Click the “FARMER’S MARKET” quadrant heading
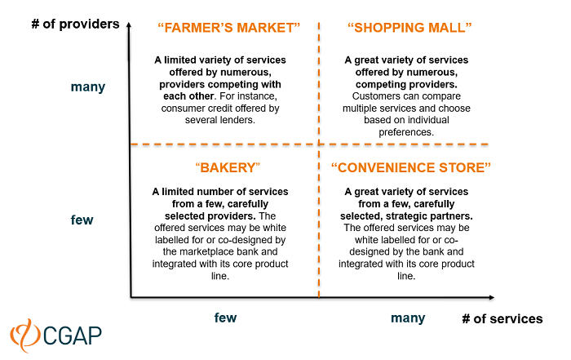(228, 27)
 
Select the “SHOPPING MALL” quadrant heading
(410, 27)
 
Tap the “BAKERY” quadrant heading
(228, 167)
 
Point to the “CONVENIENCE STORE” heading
(410, 167)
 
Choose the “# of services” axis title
(502, 318)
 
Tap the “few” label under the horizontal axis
(225, 318)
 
